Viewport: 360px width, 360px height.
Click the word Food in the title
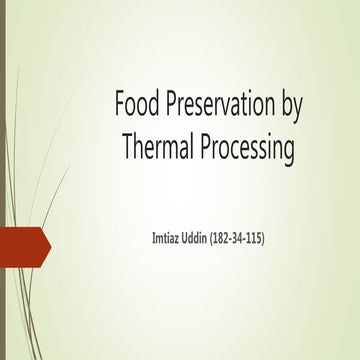[x=137, y=105]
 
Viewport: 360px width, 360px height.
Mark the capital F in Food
[x=120, y=105]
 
